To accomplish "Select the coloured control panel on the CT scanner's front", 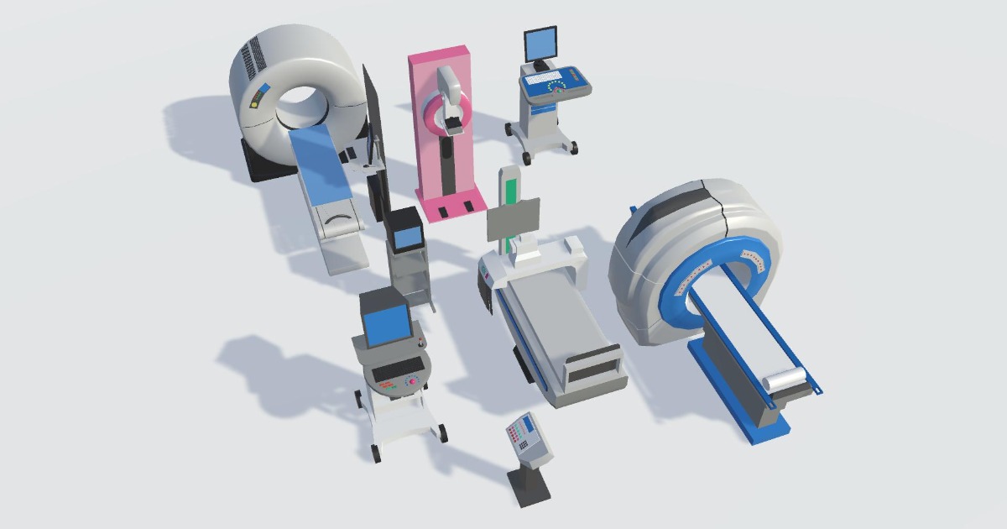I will pyautogui.click(x=258, y=97).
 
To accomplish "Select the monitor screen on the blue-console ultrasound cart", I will pyautogui.click(x=540, y=42).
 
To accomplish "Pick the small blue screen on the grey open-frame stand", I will pyautogui.click(x=408, y=236).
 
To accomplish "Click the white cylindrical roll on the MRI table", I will pyautogui.click(x=785, y=380).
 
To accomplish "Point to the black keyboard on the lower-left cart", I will pyautogui.click(x=396, y=369).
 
